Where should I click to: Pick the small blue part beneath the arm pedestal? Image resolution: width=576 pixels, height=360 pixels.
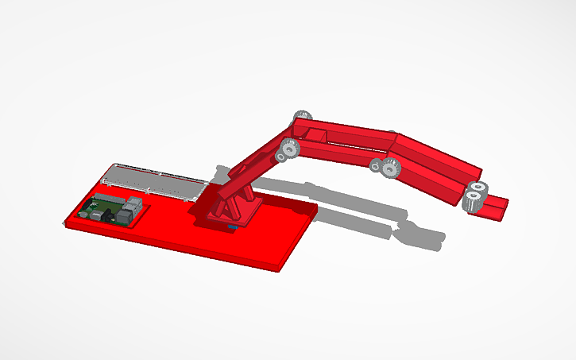point(231,229)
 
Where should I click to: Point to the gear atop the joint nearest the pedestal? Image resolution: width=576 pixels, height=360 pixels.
point(302,117)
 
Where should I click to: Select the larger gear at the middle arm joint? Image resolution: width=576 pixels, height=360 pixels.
point(389,168)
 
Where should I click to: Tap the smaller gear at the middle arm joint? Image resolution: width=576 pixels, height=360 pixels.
point(376,165)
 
